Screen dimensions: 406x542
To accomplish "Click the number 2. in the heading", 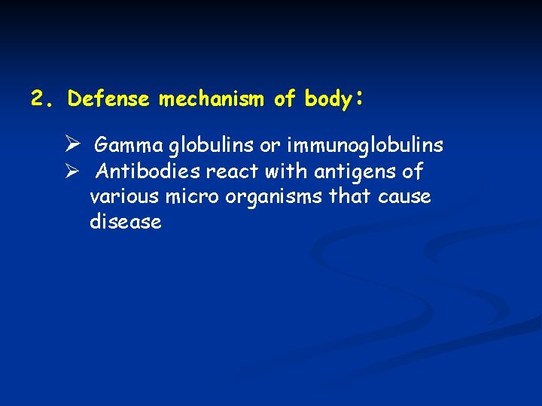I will click(41, 98).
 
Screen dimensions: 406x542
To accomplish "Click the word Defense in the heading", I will click(109, 98).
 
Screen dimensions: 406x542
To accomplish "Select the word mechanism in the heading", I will click(212, 98).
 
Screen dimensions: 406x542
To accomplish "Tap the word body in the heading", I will click(327, 98).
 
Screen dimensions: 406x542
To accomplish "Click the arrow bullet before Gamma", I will click(72, 144).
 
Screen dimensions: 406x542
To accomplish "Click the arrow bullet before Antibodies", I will click(72, 171).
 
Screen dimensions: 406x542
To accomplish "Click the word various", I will click(117, 196).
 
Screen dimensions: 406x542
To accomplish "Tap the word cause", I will click(405, 196).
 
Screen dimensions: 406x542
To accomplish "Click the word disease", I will click(125, 222).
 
